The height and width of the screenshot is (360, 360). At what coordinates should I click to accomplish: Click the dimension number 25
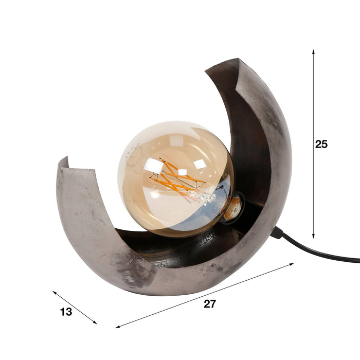[321, 144]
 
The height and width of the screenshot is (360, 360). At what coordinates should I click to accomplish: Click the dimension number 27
[210, 304]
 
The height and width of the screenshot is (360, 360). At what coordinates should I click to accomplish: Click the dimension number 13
[66, 312]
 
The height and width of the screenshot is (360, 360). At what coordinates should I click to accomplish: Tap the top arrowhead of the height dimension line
[313, 51]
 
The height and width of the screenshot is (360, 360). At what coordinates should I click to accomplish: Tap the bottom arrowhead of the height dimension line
[313, 236]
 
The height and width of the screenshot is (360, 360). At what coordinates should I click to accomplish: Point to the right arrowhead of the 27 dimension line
[292, 264]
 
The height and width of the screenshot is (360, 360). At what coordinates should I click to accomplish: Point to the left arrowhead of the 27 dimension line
[118, 327]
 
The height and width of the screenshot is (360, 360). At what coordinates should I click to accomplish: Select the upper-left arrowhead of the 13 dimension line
[55, 293]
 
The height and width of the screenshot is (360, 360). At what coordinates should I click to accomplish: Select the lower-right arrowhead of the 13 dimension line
[95, 322]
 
